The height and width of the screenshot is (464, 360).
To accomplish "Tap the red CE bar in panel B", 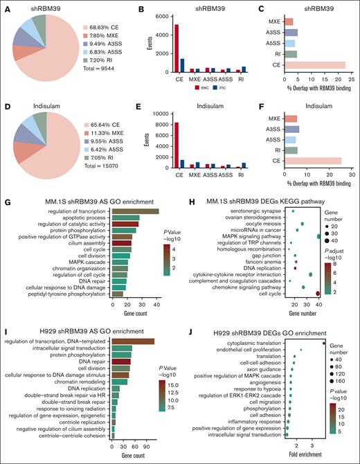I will (x=158, y=48).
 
